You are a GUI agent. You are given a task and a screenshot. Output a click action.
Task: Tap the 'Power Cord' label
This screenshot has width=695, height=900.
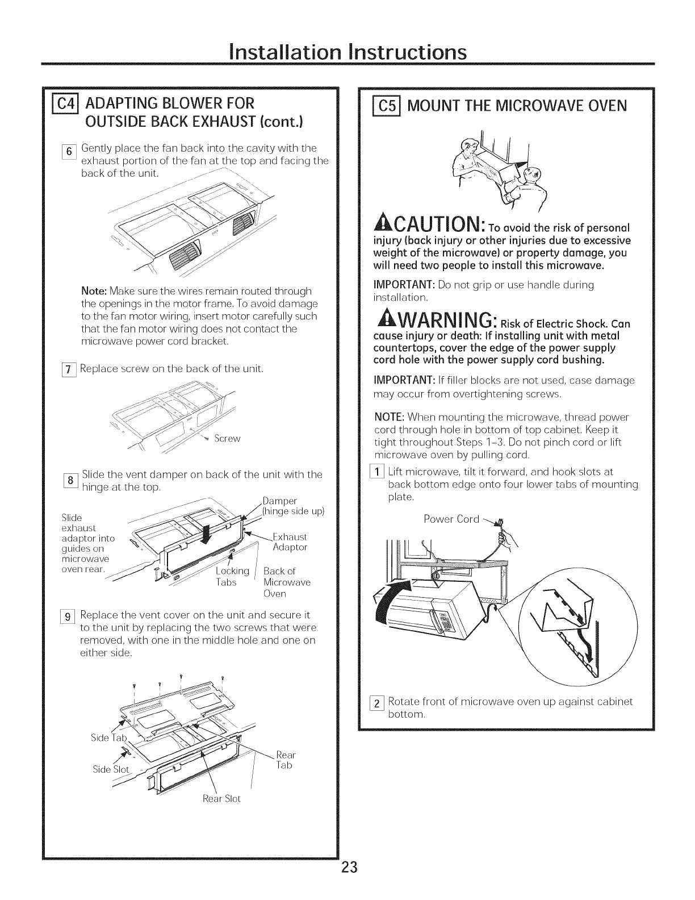(x=451, y=519)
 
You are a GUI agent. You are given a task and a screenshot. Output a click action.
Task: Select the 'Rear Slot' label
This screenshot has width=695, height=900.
(x=221, y=798)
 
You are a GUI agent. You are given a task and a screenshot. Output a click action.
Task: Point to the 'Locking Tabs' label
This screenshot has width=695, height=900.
(x=232, y=576)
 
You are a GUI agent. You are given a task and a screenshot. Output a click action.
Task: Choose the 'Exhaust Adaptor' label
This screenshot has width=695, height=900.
(x=290, y=542)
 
